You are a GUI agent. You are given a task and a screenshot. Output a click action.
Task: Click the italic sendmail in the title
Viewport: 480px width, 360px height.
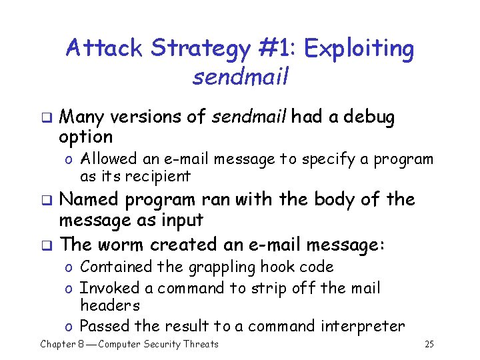(240, 77)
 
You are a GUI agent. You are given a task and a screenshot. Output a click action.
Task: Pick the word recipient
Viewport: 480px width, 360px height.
(159, 177)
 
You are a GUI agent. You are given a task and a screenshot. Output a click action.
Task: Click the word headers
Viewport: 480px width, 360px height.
(110, 306)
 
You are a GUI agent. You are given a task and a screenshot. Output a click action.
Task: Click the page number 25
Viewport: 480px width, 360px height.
(429, 344)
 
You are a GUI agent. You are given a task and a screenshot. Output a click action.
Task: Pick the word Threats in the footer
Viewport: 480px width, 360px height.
(199, 344)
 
